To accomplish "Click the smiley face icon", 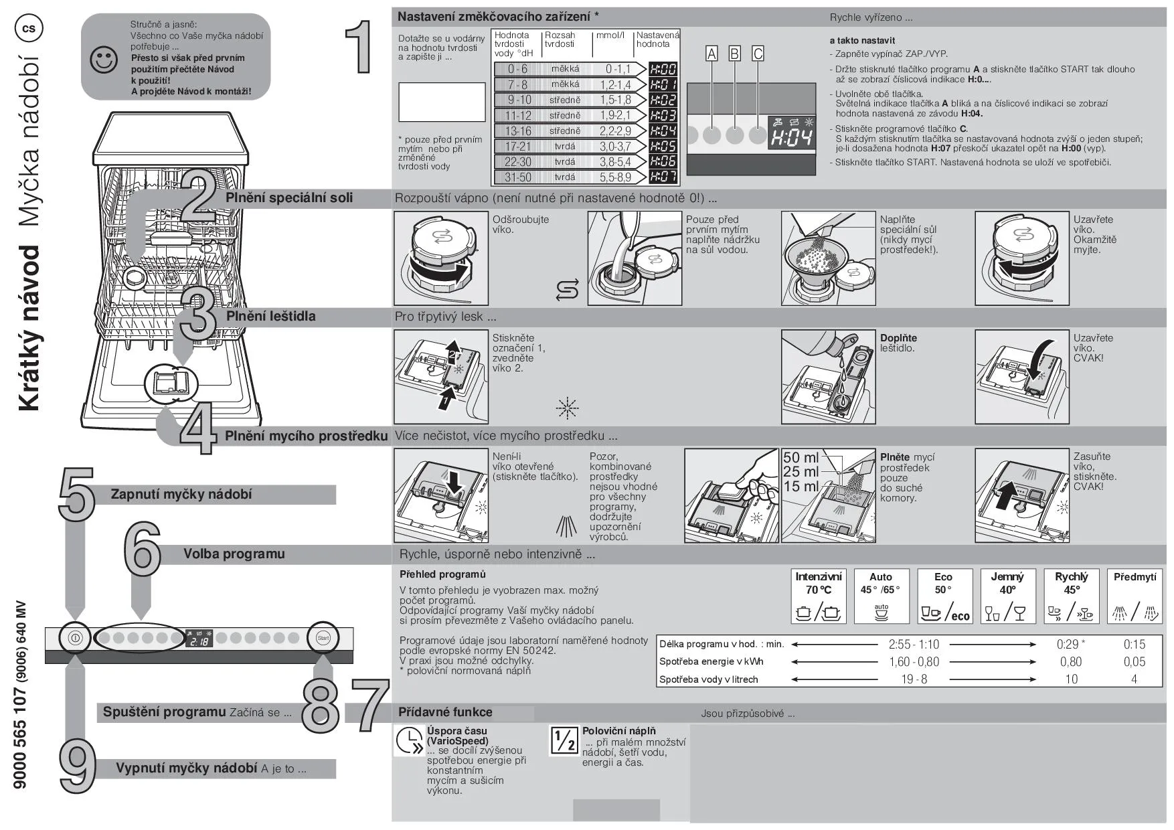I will [x=103, y=60].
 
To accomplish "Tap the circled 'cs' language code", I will [x=29, y=28].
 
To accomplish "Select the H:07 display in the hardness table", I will [x=663, y=177].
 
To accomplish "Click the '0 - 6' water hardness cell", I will [x=517, y=69].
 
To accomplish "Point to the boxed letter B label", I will [x=735, y=54].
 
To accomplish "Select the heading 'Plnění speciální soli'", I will [x=289, y=198].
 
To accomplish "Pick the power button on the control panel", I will [x=74, y=638].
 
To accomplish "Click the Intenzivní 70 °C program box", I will [x=818, y=595].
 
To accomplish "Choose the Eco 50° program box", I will [x=943, y=595].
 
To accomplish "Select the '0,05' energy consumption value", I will [x=1134, y=661].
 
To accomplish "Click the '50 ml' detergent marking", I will [x=801, y=458].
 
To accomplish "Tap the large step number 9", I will [x=78, y=767].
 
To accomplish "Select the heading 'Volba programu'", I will [x=234, y=554].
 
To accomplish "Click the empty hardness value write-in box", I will [x=442, y=102].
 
